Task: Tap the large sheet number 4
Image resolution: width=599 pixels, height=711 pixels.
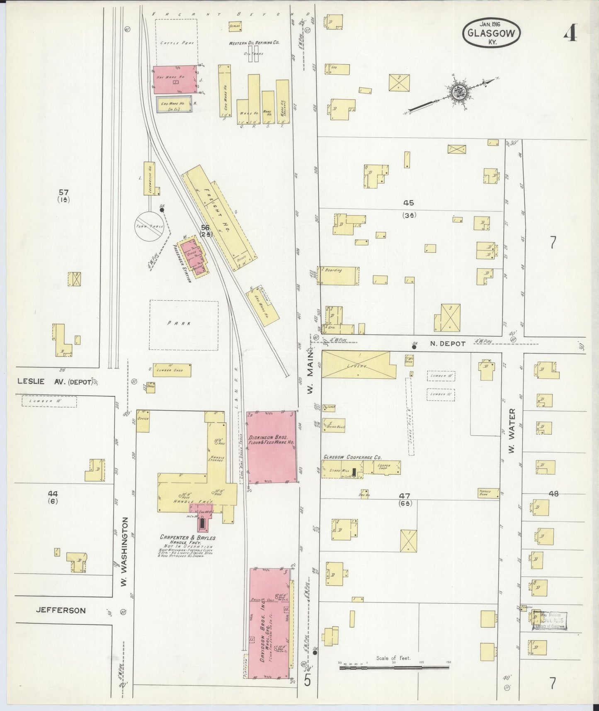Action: coord(571,34)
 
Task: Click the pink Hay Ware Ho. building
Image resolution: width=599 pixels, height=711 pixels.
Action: coord(175,79)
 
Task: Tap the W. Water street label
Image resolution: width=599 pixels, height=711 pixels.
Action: coord(512,431)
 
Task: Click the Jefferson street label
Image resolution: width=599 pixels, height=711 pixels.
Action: coord(61,610)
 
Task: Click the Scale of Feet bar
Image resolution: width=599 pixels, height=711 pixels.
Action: coord(393,667)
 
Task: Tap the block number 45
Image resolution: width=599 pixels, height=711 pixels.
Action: coord(409,203)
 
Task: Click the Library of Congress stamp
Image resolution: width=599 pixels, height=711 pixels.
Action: coord(549,621)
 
